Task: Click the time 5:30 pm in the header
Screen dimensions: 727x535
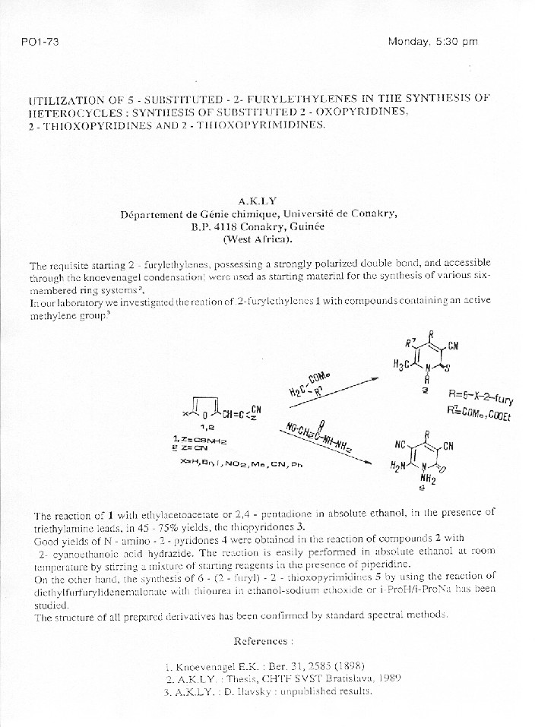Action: click(456, 41)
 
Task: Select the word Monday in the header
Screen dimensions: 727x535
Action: click(409, 41)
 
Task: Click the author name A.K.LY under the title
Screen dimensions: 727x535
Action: click(256, 201)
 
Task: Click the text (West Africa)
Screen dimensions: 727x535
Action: click(258, 239)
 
